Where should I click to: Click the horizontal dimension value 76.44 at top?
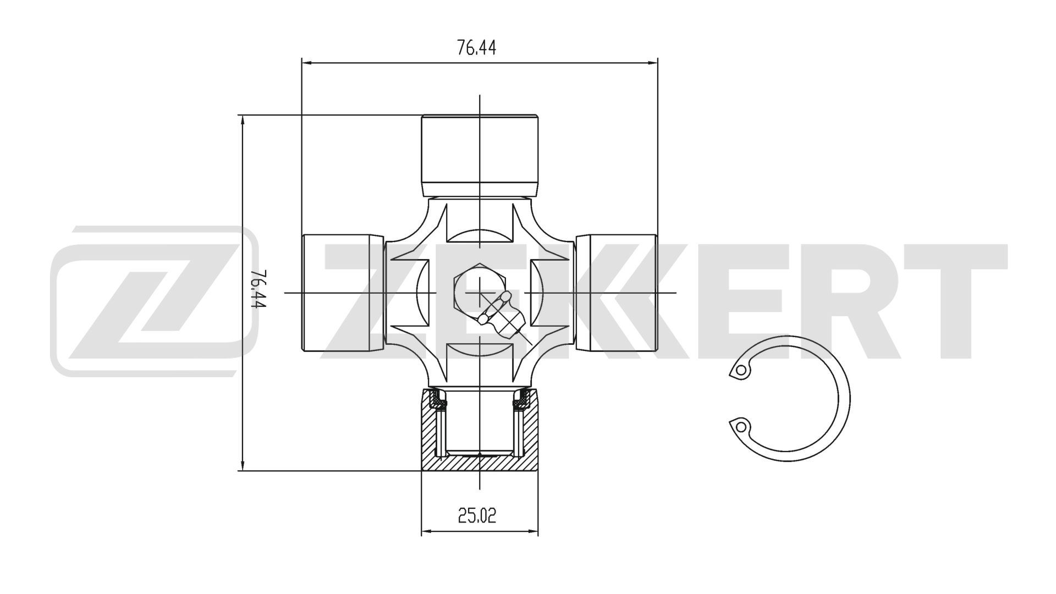click(476, 48)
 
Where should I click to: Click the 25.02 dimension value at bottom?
click(476, 515)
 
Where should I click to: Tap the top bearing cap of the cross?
click(480, 154)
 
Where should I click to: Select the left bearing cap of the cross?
click(342, 293)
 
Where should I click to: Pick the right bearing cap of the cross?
click(616, 293)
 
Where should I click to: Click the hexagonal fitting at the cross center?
click(468, 286)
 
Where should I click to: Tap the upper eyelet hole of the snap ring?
click(741, 370)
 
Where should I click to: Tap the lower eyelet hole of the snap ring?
click(741, 426)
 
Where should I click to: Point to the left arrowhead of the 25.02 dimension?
click(425, 531)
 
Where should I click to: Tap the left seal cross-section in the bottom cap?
click(440, 400)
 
